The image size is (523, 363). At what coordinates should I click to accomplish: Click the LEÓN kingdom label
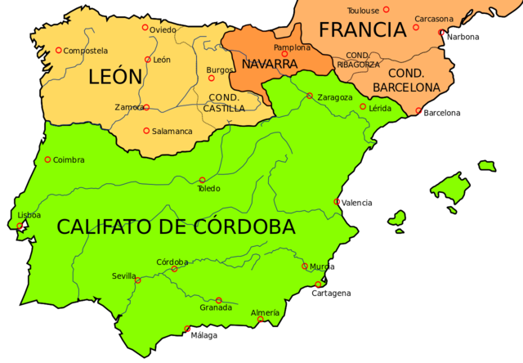(114, 78)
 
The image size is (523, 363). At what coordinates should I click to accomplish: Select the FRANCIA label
(362, 30)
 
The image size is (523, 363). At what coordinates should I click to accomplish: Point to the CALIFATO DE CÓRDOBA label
(176, 227)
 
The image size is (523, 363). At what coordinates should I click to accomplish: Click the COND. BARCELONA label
(406, 79)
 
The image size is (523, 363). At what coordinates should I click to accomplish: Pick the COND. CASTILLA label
(223, 102)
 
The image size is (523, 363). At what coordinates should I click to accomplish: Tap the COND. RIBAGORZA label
(357, 60)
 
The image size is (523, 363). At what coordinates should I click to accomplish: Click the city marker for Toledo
(202, 180)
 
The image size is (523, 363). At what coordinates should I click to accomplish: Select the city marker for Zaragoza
(310, 96)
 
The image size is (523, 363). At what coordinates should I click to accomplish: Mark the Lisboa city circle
(20, 226)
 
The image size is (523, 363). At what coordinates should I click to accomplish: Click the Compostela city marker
(58, 51)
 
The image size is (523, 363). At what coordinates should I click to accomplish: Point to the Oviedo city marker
(145, 28)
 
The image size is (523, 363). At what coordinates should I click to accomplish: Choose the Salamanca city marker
(146, 131)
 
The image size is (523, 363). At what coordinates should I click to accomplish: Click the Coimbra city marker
(47, 159)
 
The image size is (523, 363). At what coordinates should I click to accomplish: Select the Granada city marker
(218, 300)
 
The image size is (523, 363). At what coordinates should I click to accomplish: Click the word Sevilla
(124, 276)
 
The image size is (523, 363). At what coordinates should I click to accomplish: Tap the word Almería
(265, 312)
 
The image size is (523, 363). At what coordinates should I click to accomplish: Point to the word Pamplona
(292, 47)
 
